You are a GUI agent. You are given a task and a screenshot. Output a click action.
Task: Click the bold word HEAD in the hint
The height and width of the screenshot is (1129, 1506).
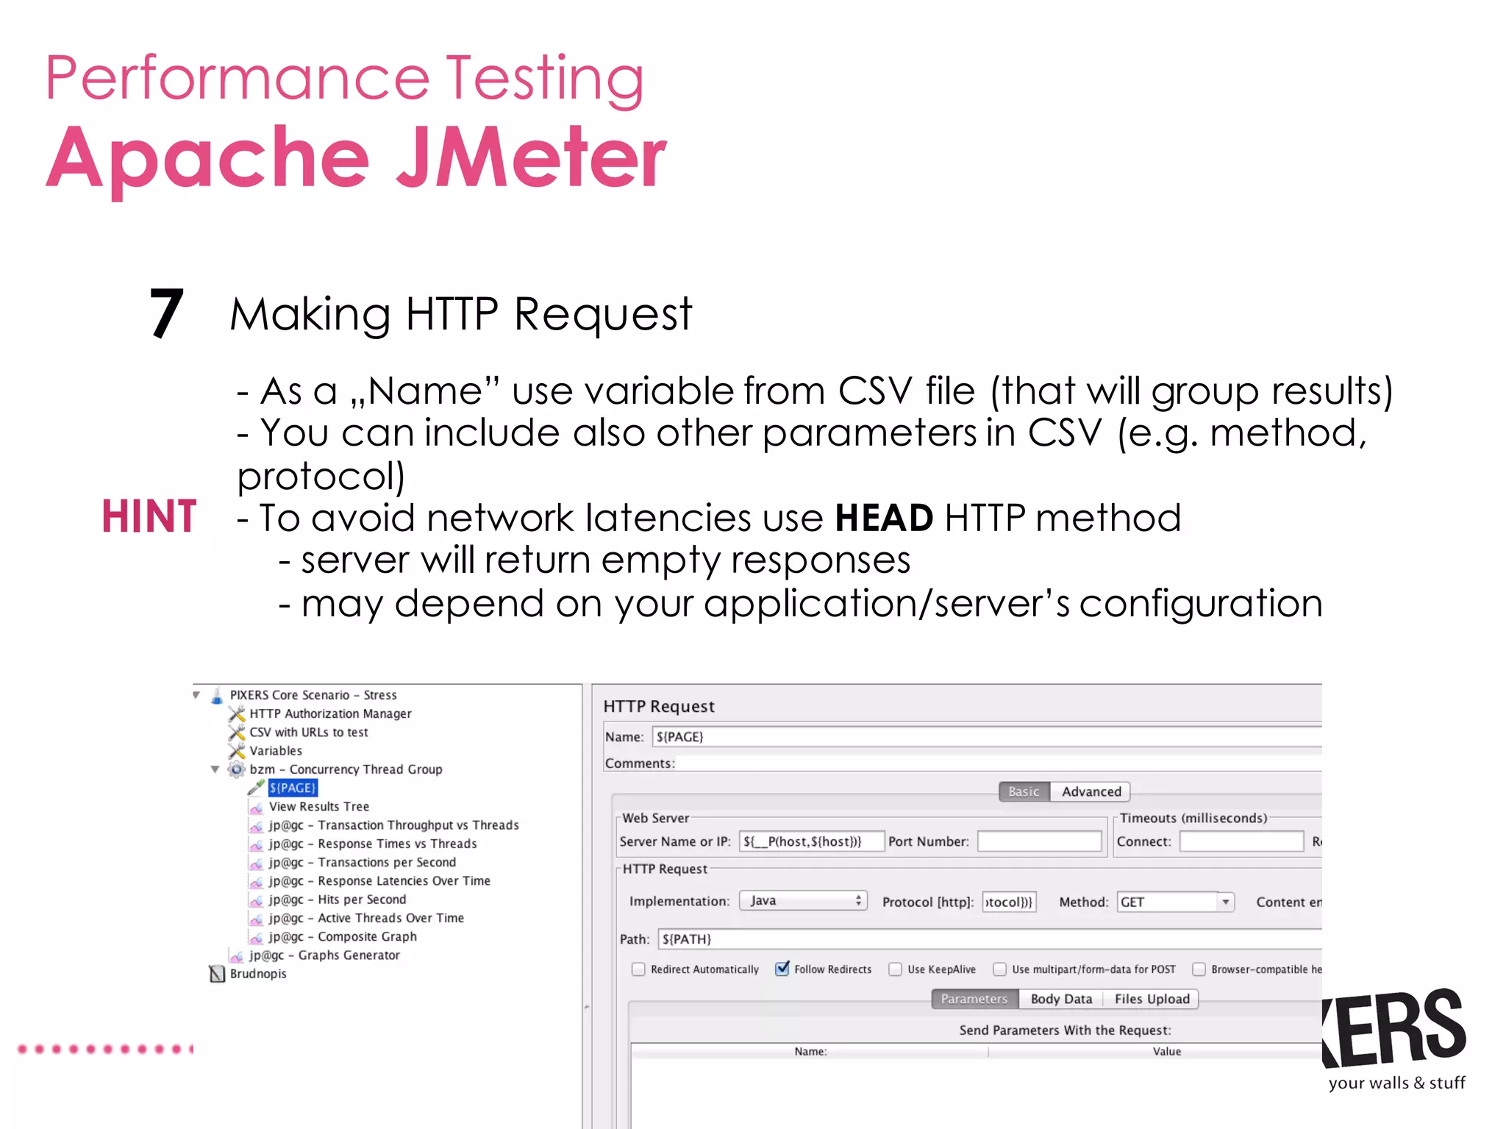pos(884,518)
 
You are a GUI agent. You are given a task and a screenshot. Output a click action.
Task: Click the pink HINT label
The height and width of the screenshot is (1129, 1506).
pos(149,516)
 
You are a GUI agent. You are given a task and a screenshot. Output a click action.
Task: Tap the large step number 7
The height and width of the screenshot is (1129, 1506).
pos(167,313)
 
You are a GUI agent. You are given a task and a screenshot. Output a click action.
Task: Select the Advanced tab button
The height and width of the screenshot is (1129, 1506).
pos(1091,791)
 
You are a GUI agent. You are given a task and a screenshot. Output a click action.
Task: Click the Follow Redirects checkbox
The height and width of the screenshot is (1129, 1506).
pos(782,969)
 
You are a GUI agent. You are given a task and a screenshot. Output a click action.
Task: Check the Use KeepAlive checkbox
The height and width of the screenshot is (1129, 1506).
pos(895,969)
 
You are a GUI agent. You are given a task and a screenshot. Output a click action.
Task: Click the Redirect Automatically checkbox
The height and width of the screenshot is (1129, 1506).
pos(638,969)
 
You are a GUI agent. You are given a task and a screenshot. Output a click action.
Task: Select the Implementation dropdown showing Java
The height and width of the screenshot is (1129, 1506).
pos(803,901)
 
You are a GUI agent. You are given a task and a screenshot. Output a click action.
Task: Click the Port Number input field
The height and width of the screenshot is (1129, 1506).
pos(1039,841)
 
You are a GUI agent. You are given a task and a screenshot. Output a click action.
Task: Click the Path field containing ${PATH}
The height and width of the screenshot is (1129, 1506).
pos(985,939)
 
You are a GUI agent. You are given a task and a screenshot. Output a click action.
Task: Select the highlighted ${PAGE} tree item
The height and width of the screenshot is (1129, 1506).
pos(293,788)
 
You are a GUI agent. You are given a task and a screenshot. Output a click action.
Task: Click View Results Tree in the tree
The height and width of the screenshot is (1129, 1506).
pos(319,807)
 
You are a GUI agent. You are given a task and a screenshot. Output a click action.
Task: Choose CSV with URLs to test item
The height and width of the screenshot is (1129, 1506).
pos(309,733)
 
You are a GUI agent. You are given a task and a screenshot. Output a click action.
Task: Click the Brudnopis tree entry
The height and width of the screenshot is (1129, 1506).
pos(258,974)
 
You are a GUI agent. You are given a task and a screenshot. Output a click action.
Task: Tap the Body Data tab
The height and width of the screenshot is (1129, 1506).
pos(1060,999)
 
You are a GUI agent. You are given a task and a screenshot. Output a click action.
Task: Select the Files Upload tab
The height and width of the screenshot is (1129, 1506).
pos(1152,999)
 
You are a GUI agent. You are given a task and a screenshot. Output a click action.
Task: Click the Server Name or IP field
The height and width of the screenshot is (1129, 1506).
pos(810,841)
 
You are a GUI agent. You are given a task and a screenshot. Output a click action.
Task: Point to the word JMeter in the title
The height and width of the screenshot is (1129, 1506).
pos(531,157)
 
